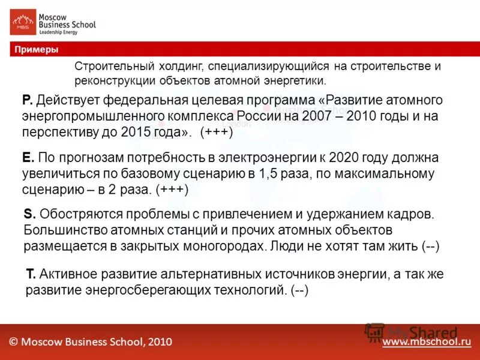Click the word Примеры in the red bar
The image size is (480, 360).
tap(37, 50)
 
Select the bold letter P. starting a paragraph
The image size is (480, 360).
tap(26, 100)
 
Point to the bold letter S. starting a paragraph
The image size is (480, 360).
tap(29, 214)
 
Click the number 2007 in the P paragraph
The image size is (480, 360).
tap(302, 116)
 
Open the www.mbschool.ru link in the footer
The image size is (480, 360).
tap(427, 342)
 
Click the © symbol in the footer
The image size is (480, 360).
tap(14, 342)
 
